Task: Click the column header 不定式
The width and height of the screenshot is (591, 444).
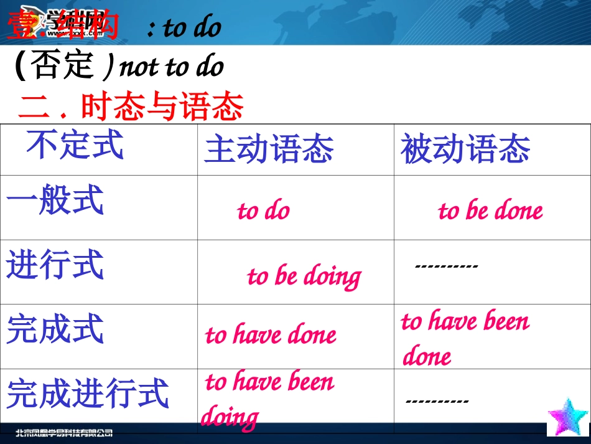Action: [x=75, y=145]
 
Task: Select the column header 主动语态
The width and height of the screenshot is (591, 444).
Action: [x=269, y=150]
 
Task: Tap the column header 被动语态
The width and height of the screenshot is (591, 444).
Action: [x=465, y=150]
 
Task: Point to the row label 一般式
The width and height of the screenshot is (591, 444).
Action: [x=55, y=201]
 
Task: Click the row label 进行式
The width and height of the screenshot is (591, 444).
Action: [x=55, y=265]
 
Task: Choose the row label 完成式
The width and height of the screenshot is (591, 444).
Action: [x=55, y=329]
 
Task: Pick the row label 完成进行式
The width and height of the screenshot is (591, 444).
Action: [x=88, y=394]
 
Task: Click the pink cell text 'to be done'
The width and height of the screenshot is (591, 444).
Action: [x=490, y=211]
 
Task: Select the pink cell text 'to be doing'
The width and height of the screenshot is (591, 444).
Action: [x=304, y=276]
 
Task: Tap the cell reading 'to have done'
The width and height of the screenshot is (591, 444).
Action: [x=271, y=336]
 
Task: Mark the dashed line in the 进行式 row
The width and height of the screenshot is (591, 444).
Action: [x=446, y=266]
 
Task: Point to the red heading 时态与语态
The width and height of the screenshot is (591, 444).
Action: [x=161, y=108]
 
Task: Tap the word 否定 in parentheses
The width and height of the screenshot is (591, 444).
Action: [x=63, y=66]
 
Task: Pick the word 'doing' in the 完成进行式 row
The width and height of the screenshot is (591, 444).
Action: [x=229, y=417]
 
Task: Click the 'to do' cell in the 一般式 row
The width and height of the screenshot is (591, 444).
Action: [x=263, y=211]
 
